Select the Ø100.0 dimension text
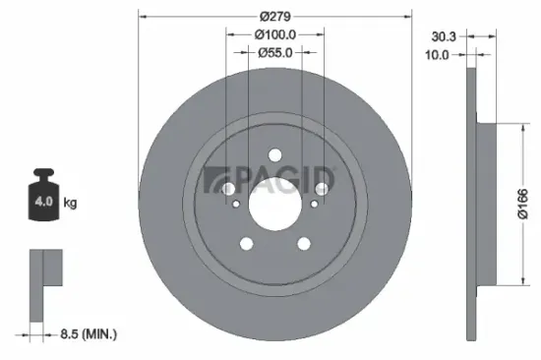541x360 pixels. (275, 34)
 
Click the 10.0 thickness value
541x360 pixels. (439, 55)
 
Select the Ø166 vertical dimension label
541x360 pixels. (525, 204)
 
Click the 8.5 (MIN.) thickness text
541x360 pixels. (88, 334)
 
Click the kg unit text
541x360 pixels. (70, 204)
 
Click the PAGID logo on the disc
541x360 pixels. (270, 180)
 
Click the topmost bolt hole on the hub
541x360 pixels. (274, 154)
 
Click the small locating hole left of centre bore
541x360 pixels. (236, 204)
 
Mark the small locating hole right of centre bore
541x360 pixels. (314, 204)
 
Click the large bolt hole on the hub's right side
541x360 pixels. (322, 189)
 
